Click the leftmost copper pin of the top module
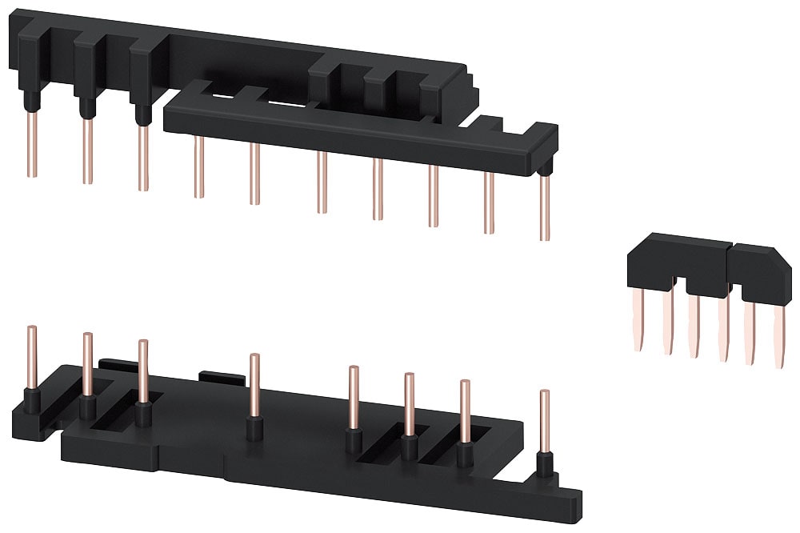pyautogui.click(x=31, y=144)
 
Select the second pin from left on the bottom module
pyautogui.click(x=87, y=364)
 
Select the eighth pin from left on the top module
pyautogui.click(x=433, y=196)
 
